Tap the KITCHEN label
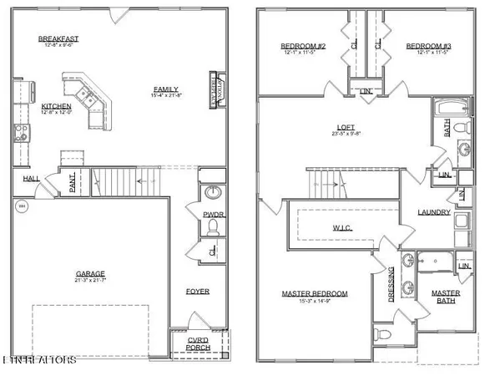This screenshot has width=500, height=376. point(56,107)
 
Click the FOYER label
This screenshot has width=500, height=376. point(197,291)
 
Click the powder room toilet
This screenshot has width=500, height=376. point(213,226)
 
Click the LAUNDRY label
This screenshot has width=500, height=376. point(434,212)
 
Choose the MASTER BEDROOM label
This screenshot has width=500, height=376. point(314,293)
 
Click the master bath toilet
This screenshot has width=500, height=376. point(381,334)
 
